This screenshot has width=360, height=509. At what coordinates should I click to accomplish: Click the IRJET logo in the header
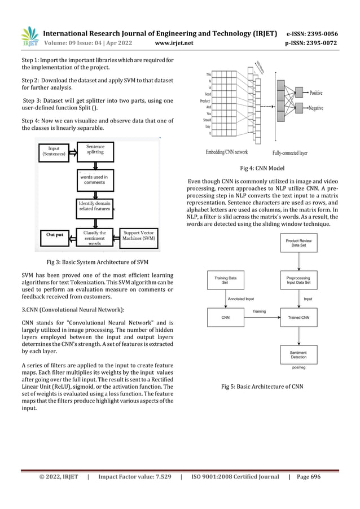[x=29, y=35]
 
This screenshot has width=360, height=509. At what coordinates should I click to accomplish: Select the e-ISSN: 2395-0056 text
[x=313, y=33]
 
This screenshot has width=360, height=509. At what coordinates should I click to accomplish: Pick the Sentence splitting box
[x=96, y=150]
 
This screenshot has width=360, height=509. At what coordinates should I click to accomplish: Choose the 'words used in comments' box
[x=94, y=179]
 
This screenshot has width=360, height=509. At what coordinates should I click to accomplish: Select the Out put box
[x=55, y=234]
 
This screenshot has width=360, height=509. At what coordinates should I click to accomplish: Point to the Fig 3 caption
[x=98, y=262]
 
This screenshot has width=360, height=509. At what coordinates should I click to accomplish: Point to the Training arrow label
[x=259, y=311]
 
